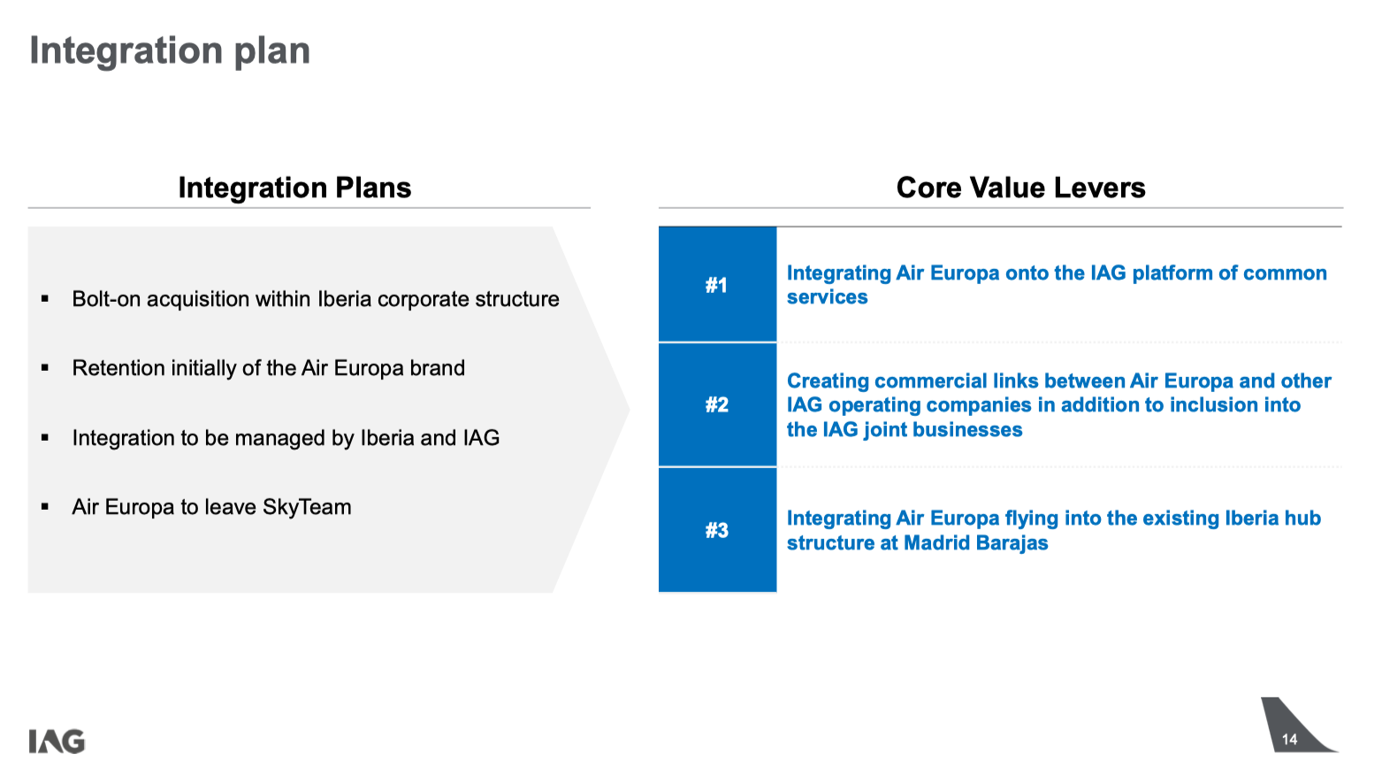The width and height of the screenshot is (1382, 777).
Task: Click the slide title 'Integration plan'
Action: tap(170, 51)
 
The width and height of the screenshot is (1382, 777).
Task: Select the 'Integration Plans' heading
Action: tap(295, 188)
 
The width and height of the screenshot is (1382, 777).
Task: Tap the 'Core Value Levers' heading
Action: tap(1020, 188)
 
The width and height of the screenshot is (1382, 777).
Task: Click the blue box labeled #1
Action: tap(718, 284)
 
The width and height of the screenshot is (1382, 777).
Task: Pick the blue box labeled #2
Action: tap(718, 404)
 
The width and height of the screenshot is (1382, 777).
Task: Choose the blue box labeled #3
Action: tap(718, 530)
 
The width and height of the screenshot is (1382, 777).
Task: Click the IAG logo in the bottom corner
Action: tap(57, 742)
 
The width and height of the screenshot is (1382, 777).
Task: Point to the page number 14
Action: tap(1289, 739)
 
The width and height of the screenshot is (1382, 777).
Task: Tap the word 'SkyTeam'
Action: tap(307, 507)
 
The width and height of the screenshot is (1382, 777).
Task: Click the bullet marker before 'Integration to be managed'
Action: tap(45, 438)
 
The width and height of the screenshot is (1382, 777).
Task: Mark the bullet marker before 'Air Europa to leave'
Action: tap(45, 507)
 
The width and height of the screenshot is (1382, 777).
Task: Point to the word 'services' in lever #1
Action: tap(828, 297)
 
